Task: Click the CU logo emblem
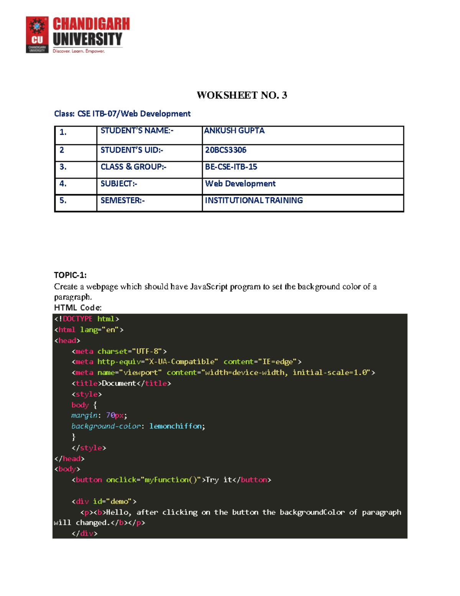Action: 37,35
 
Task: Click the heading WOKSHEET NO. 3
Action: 242,95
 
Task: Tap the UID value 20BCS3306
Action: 226,150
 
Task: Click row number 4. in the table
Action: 63,184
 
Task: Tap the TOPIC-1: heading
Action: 70,275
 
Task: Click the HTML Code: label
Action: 78,307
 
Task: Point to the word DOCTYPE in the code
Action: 77,319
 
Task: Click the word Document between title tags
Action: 119,383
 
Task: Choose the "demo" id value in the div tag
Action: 119,502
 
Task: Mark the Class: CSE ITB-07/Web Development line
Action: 122,114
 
